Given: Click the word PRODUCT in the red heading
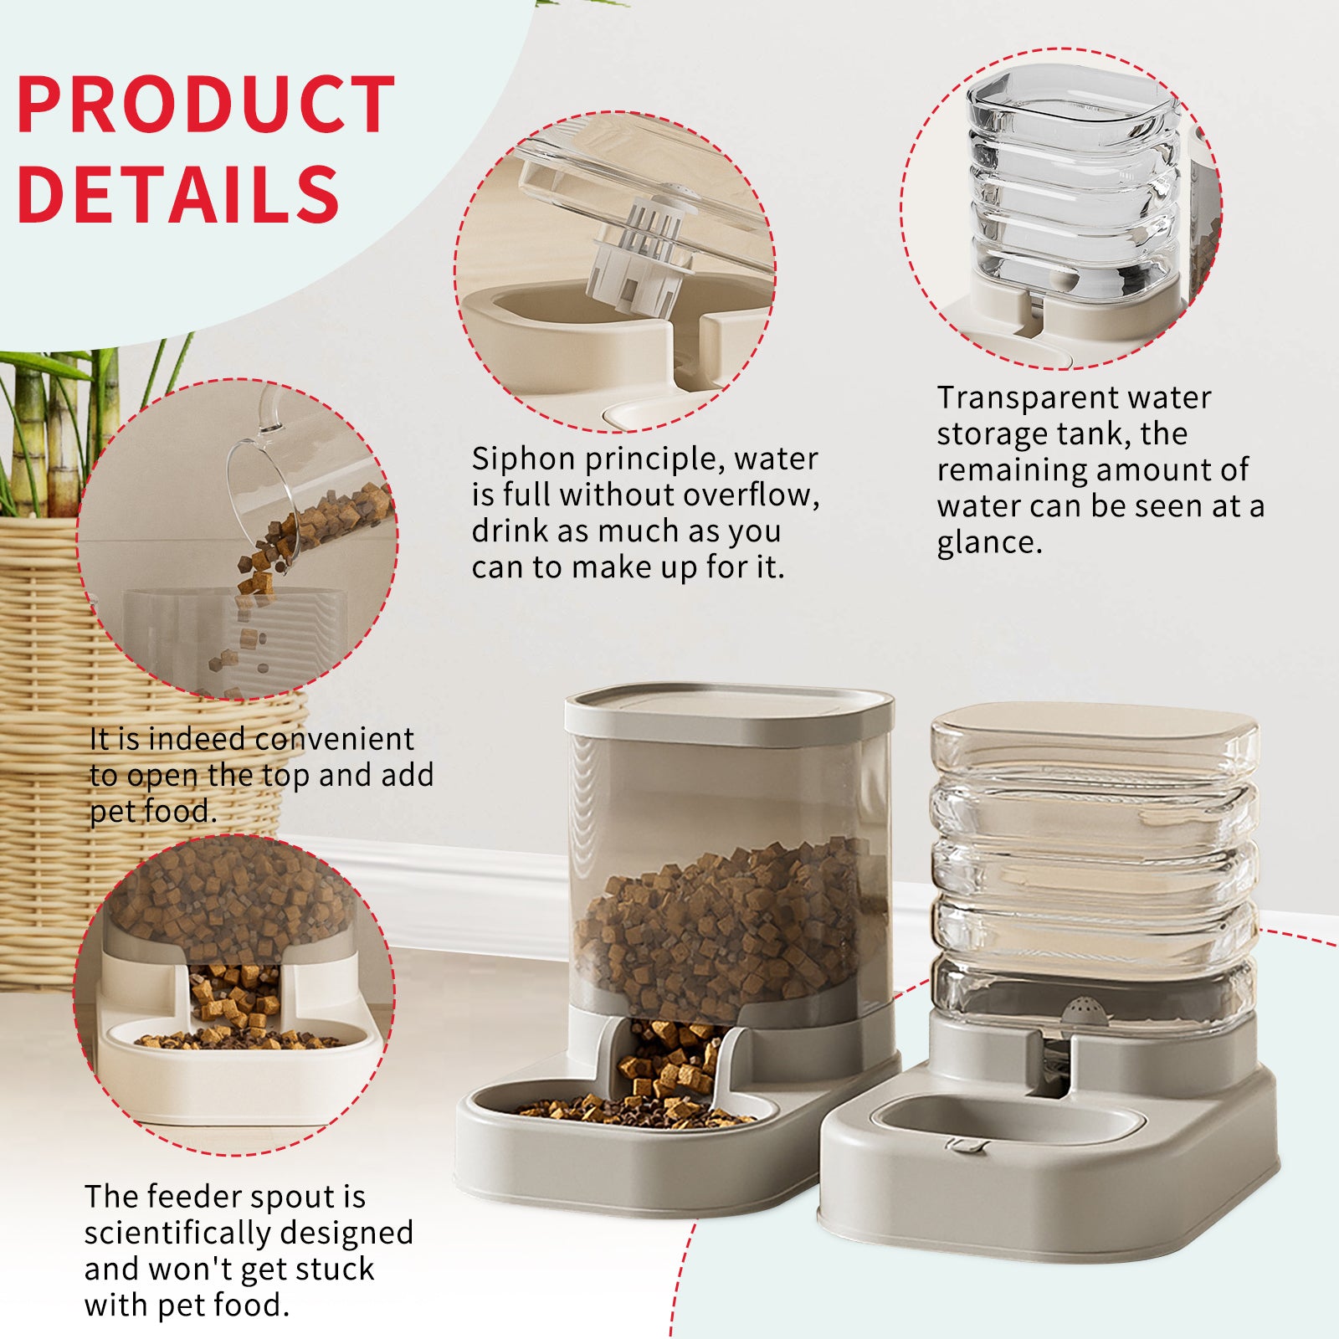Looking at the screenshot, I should (205, 105).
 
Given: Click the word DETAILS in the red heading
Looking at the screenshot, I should (177, 194).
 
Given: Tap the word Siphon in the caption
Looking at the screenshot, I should (523, 459).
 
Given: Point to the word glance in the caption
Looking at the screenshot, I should (988, 543).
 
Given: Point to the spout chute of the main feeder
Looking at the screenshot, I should (661, 1063).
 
